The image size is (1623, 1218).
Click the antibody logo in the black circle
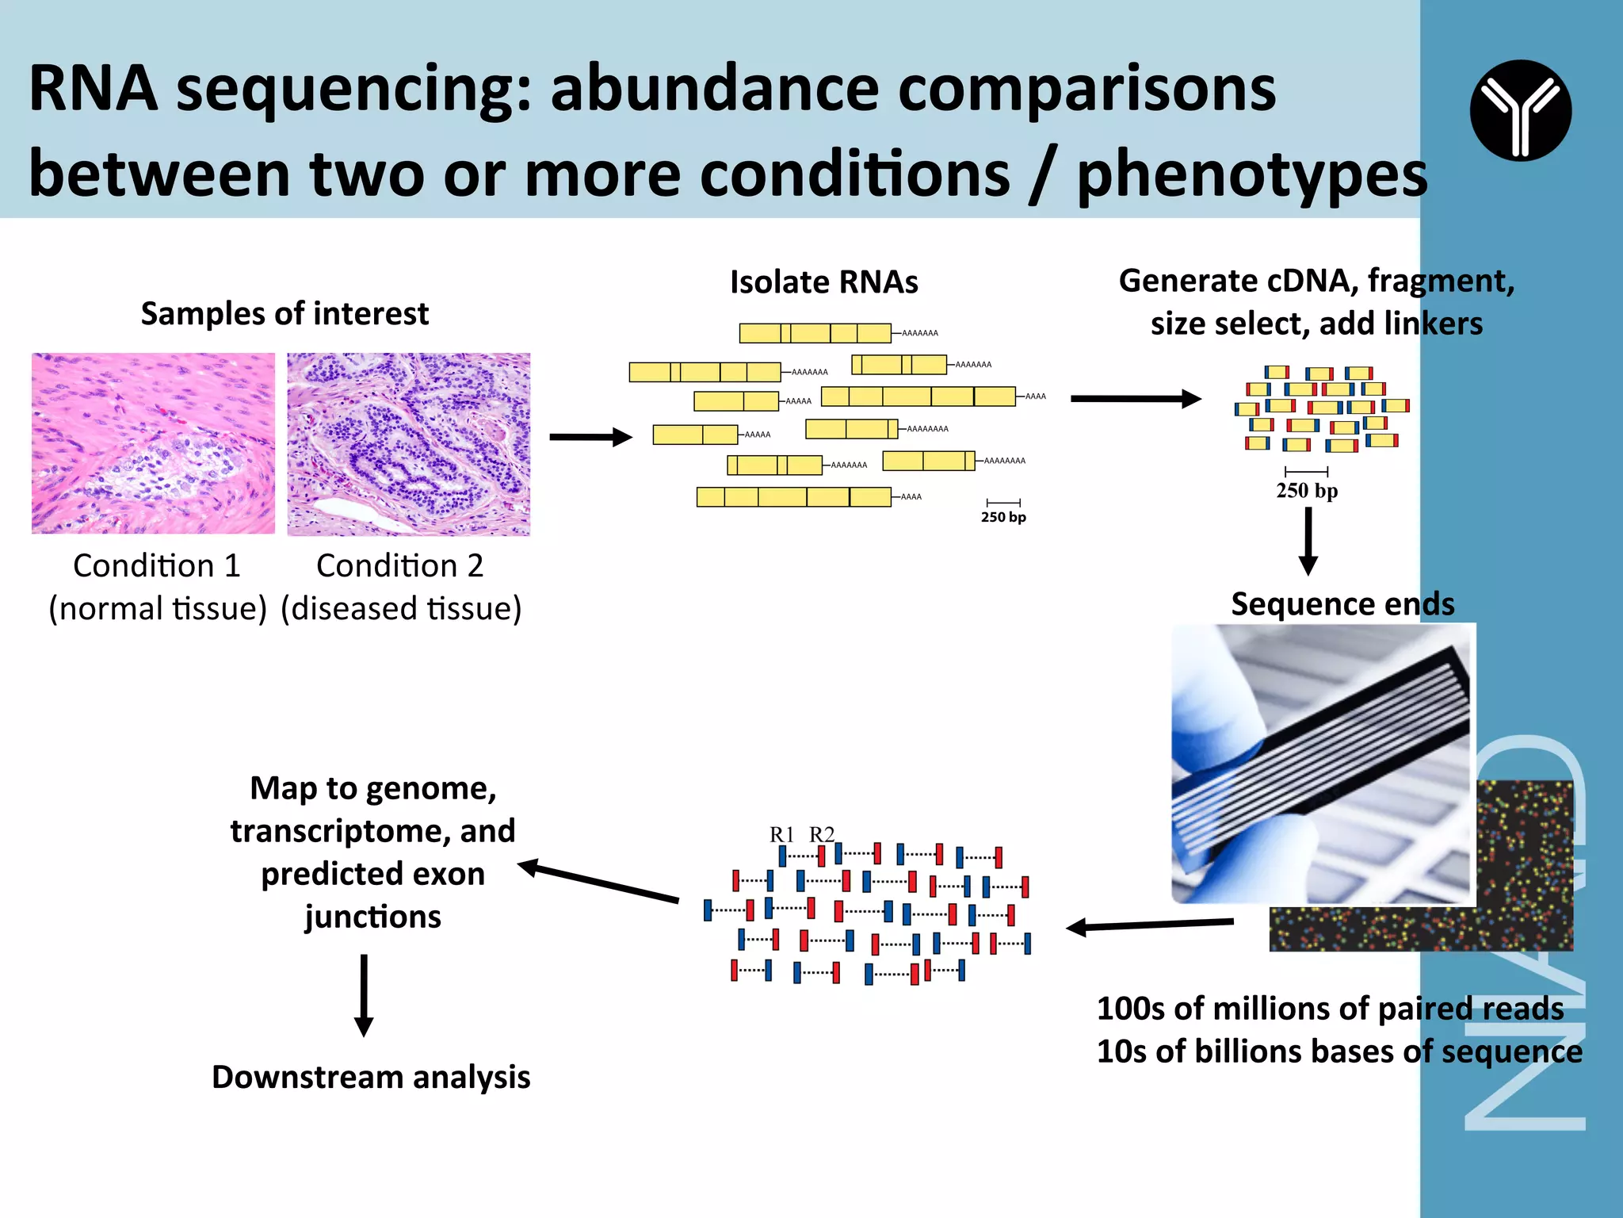(1520, 110)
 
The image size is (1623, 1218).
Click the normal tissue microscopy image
(153, 443)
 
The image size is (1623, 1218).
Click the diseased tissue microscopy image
(408, 444)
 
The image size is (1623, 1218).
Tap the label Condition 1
(157, 566)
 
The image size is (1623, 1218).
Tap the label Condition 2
(399, 566)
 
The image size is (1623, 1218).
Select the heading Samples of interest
(285, 314)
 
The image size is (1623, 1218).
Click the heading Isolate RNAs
(823, 282)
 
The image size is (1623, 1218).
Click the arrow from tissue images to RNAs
(590, 437)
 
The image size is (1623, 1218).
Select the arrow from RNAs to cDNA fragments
(1135, 399)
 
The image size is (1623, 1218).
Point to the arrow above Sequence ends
(1308, 541)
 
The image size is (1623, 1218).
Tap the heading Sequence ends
(1342, 604)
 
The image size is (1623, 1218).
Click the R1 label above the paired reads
(781, 834)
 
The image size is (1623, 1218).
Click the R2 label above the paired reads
(821, 834)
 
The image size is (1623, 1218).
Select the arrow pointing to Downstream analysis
(364, 995)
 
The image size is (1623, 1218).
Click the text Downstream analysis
(371, 1077)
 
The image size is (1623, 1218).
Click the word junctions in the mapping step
(372, 917)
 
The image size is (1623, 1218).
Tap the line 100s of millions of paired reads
(1330, 1009)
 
